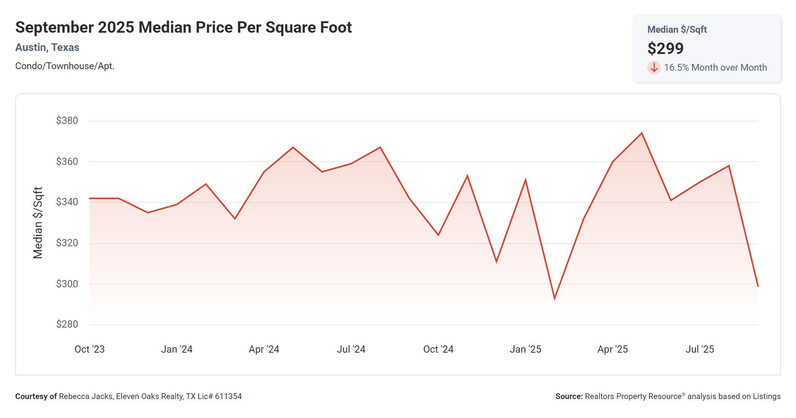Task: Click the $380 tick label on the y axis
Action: point(67,120)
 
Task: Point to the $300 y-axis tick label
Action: point(67,284)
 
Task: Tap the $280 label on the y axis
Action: point(67,324)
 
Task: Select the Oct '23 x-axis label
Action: point(90,349)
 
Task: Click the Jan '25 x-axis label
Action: point(525,349)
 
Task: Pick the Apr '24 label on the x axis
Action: point(264,349)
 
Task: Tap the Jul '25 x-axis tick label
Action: point(700,349)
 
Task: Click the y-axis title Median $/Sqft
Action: point(38,223)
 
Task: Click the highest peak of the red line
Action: point(642,133)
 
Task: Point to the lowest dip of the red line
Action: point(554,299)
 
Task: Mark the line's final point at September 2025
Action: point(758,286)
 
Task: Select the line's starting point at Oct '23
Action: point(90,198)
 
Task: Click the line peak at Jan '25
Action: point(525,180)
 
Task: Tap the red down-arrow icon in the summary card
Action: point(654,68)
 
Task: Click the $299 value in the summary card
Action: point(665,48)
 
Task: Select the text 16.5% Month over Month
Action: point(715,68)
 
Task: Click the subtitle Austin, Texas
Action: point(47,47)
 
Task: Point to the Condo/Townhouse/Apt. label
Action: point(65,66)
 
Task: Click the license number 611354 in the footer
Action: point(228,396)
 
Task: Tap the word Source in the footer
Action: point(569,396)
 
